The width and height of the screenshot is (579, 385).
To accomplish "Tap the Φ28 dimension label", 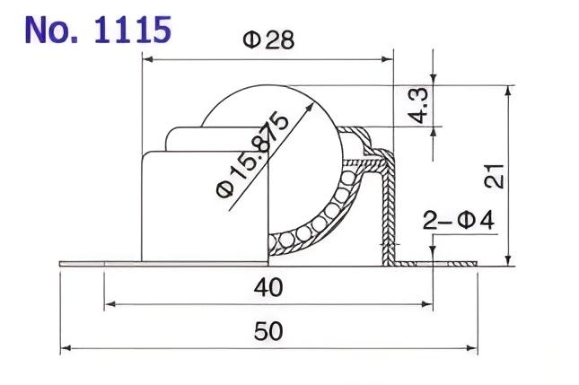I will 268,41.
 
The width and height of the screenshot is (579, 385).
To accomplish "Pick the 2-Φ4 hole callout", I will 457,218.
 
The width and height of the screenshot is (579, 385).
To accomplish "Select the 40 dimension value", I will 268,288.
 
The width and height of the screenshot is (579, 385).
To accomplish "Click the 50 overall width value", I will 268,332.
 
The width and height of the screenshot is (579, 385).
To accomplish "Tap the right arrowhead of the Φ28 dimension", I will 389,60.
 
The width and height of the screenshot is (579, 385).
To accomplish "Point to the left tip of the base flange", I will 62,264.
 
